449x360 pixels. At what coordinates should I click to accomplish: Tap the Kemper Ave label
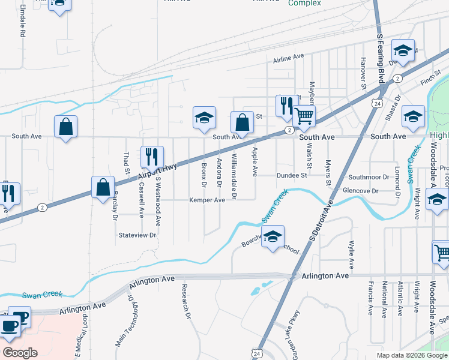(x=207, y=200)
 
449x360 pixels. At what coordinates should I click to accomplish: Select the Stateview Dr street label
(x=137, y=235)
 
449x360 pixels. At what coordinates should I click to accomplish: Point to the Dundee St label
(x=292, y=175)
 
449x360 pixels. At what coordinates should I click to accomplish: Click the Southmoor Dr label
(x=369, y=177)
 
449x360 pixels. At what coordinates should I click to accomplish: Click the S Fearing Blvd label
(x=381, y=56)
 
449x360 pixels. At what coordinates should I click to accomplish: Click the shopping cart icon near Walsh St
(x=304, y=116)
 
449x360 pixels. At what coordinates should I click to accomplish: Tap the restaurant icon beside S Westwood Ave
(x=151, y=157)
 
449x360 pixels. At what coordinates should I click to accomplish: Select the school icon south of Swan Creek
(x=273, y=236)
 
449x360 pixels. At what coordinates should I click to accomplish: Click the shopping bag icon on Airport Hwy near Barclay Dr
(x=103, y=187)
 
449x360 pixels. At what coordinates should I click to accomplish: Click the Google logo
(x=19, y=353)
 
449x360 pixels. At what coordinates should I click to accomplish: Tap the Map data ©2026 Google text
(x=411, y=355)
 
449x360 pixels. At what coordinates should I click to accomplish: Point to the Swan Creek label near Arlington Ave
(x=42, y=295)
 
